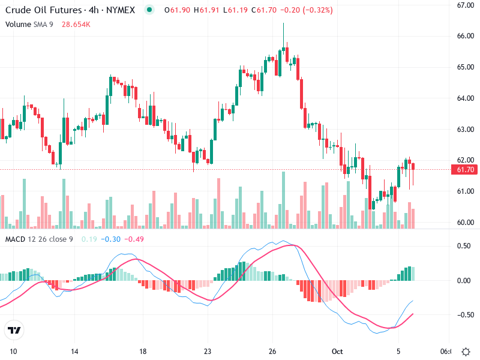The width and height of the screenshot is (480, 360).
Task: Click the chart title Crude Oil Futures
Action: pyautogui.click(x=35, y=10)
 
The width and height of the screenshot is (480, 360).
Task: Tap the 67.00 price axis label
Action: pyautogui.click(x=466, y=5)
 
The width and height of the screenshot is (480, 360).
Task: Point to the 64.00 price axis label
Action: pyautogui.click(x=466, y=98)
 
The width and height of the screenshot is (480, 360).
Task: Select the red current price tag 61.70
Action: pyautogui.click(x=466, y=170)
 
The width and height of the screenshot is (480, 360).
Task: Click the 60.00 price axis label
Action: pyautogui.click(x=466, y=223)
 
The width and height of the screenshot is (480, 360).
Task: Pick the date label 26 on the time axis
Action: pyautogui.click(x=272, y=351)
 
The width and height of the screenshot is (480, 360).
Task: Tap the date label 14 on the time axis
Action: pyautogui.click(x=74, y=351)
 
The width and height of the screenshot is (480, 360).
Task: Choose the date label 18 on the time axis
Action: pyautogui.click(x=143, y=351)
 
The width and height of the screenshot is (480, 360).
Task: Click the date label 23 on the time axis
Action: pyautogui.click(x=208, y=351)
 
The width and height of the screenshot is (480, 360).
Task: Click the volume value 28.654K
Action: pyautogui.click(x=76, y=24)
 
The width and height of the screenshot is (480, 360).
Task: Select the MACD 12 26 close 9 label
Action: pyautogui.click(x=39, y=239)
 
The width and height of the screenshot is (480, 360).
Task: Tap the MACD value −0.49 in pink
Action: pyautogui.click(x=135, y=239)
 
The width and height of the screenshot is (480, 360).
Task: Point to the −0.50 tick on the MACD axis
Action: pyautogui.click(x=464, y=315)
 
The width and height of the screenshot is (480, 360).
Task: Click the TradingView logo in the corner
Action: pyautogui.click(x=14, y=330)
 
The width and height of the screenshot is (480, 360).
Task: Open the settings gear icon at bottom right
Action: pyautogui.click(x=465, y=351)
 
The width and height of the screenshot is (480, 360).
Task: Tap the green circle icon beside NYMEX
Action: pyautogui.click(x=149, y=10)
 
